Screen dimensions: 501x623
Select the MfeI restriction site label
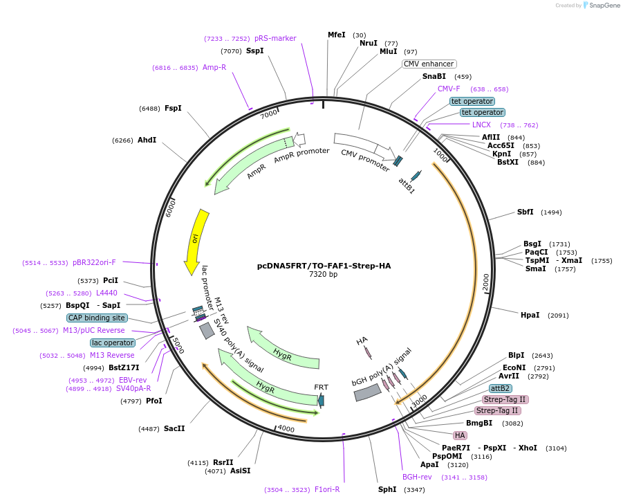click(x=336, y=35)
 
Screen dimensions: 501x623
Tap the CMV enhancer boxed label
click(x=429, y=64)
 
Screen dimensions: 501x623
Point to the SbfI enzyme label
click(x=525, y=212)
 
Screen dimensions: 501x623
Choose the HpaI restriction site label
click(x=530, y=316)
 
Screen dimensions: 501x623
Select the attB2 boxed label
click(x=501, y=388)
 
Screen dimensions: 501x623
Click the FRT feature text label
click(x=322, y=387)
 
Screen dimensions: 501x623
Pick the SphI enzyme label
click(x=387, y=489)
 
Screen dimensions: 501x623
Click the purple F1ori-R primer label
click(x=327, y=489)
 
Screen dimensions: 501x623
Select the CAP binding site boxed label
click(x=97, y=318)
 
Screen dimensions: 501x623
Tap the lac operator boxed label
click(x=112, y=343)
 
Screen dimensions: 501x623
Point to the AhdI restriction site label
click(x=147, y=140)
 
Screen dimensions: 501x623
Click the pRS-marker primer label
click(x=275, y=39)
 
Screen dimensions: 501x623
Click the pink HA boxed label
click(x=460, y=435)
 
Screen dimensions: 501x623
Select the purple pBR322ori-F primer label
click(x=94, y=262)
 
